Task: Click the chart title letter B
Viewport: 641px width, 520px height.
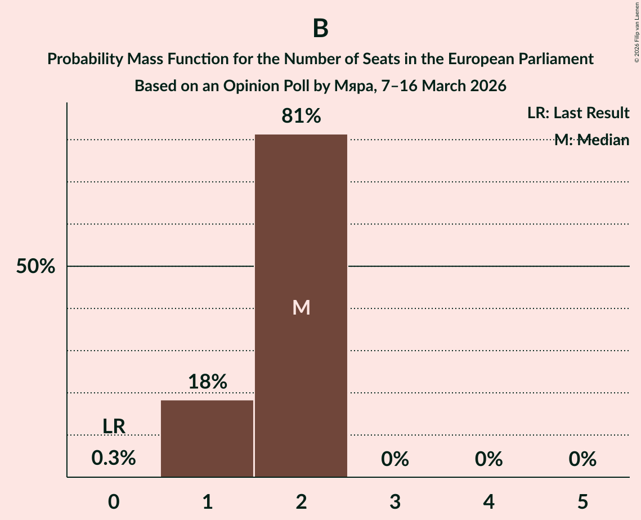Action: click(x=320, y=29)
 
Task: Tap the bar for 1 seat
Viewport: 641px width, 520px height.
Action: click(x=207, y=438)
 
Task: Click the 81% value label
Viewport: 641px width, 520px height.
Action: click(x=301, y=116)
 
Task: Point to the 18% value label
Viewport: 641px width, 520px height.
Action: click(x=207, y=382)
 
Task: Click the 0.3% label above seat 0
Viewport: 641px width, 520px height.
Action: click(x=114, y=458)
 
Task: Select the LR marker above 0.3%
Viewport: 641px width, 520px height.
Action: click(x=114, y=427)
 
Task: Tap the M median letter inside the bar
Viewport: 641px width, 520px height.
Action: click(x=301, y=307)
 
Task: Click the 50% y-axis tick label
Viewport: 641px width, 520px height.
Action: click(x=35, y=267)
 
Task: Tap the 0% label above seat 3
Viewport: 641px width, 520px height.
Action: click(x=395, y=459)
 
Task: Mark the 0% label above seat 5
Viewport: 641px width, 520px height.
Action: click(x=582, y=459)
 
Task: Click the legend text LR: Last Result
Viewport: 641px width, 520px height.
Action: click(x=578, y=113)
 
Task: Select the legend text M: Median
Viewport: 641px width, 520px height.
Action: click(x=591, y=140)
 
